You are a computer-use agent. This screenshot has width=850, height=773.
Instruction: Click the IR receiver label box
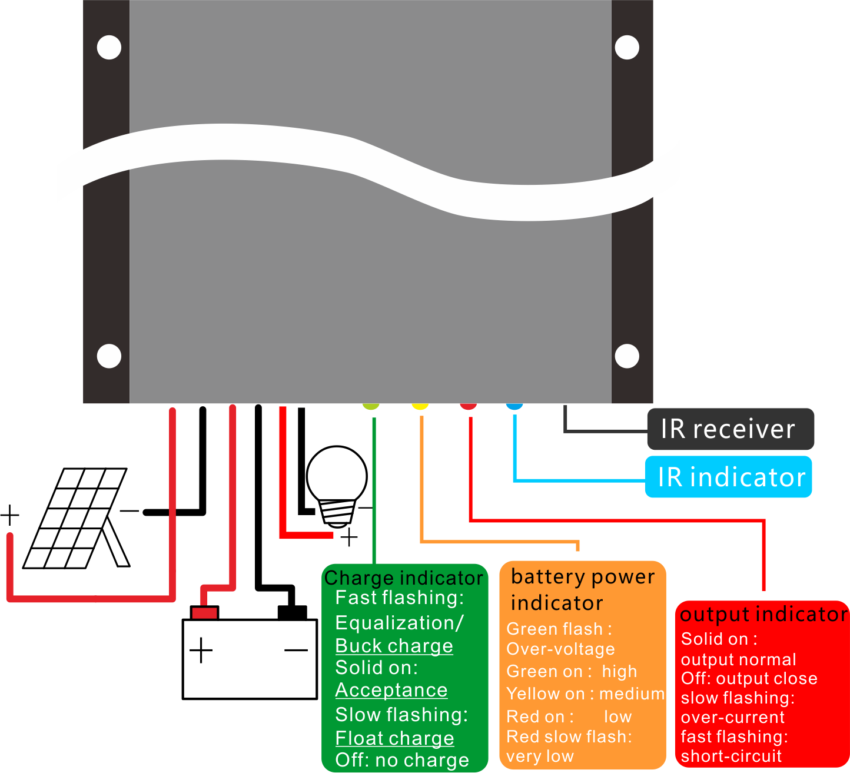(730, 429)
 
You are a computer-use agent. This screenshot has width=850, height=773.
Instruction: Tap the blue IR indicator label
(729, 477)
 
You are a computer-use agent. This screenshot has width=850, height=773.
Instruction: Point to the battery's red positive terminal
(204, 612)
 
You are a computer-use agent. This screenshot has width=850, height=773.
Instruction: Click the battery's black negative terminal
(292, 612)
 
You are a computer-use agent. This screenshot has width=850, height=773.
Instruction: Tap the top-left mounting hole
(109, 47)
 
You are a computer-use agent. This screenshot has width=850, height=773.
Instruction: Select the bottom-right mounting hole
(626, 356)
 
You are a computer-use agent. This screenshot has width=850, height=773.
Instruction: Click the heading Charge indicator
(404, 578)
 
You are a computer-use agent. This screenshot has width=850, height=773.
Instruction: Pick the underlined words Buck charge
(394, 646)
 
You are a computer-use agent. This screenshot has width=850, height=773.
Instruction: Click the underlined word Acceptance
(391, 690)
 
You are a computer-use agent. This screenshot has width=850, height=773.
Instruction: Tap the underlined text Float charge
(394, 738)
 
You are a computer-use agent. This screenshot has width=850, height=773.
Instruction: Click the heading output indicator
(763, 614)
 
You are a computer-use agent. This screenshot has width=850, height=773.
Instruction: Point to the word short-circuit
(731, 756)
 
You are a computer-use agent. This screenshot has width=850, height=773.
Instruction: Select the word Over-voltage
(560, 649)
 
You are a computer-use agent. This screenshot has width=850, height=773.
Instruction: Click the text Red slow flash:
(569, 736)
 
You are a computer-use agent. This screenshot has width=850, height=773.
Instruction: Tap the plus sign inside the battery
(201, 650)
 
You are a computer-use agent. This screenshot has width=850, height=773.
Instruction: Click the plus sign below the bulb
(349, 537)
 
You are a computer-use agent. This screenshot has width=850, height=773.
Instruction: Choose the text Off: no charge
(402, 760)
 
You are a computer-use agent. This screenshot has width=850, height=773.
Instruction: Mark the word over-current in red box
(732, 717)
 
